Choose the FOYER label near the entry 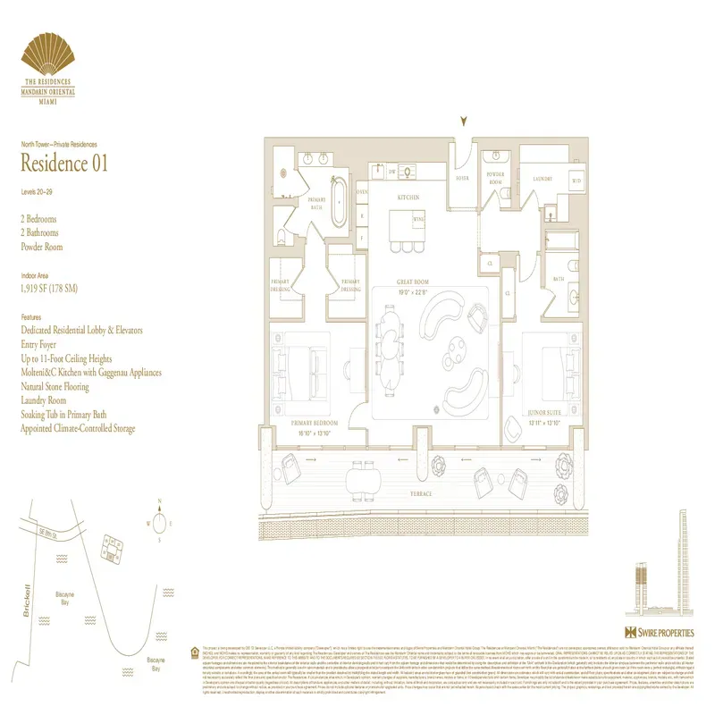click(463, 178)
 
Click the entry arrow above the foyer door click(463, 122)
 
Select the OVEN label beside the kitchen click(362, 192)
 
